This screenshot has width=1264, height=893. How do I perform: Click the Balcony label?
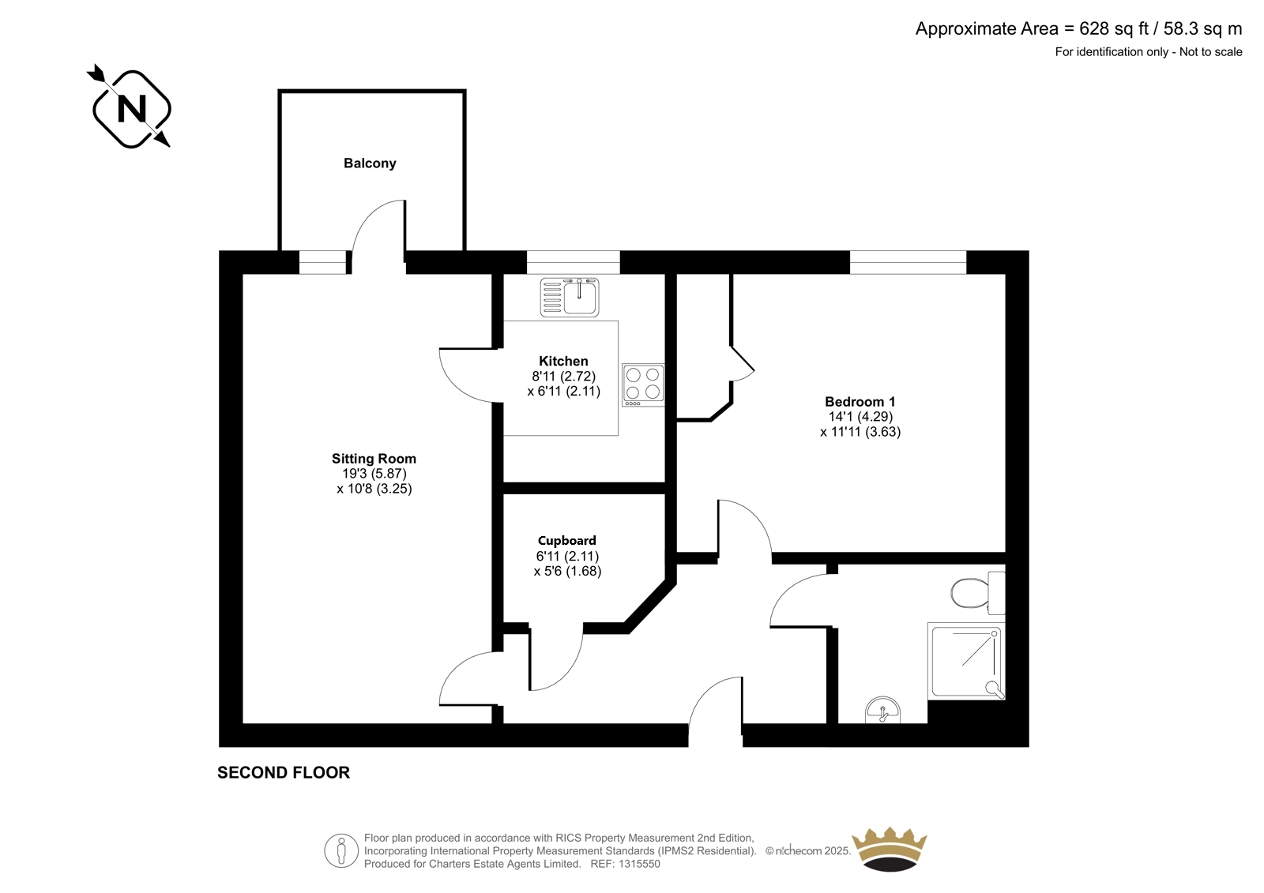(x=370, y=163)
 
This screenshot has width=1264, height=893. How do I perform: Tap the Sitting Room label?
(x=374, y=459)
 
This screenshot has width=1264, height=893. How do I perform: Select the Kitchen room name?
(x=563, y=361)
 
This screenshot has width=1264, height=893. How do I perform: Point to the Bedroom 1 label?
(x=860, y=402)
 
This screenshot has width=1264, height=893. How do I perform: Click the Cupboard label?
(x=566, y=540)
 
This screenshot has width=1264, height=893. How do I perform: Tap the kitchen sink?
(x=570, y=297)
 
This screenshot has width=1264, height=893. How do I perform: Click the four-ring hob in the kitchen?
(x=643, y=385)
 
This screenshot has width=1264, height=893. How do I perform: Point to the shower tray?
(x=966, y=661)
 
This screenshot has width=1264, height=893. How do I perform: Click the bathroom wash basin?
(x=882, y=711)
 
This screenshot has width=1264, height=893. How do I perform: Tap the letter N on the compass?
(x=131, y=108)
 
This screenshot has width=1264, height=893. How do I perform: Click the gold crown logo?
(x=890, y=849)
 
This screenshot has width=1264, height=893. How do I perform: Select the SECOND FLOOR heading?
(x=284, y=772)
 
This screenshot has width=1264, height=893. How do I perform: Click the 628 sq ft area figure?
(x=1114, y=28)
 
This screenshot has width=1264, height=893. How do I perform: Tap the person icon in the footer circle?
(x=340, y=850)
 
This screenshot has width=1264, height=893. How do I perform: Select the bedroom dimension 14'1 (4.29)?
(x=860, y=417)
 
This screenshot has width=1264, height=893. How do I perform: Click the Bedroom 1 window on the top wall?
(x=908, y=262)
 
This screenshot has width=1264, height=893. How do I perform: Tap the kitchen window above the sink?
(x=574, y=262)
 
